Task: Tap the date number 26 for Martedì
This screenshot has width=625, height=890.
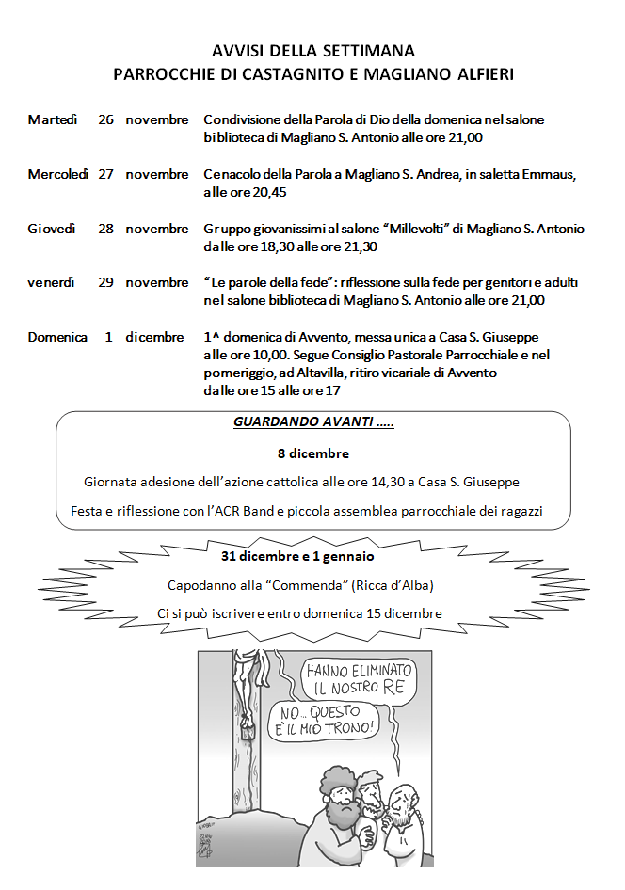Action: point(106,119)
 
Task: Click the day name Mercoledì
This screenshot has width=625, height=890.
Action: point(58,174)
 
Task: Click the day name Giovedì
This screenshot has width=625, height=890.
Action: point(52,229)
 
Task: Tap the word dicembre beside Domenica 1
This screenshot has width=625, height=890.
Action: point(155,337)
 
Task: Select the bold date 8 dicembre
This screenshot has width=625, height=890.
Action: point(312,453)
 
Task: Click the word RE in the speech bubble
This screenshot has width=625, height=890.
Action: point(394,688)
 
